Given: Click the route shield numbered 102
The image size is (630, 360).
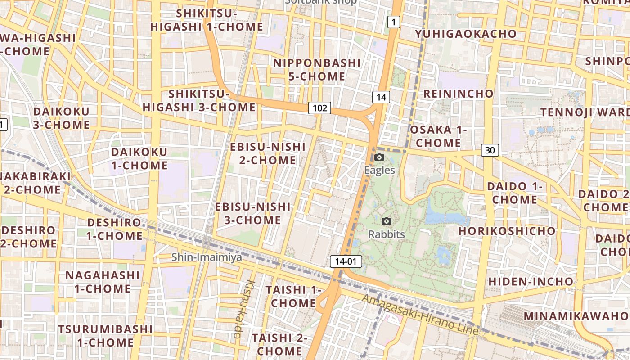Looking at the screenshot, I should pos(319,108).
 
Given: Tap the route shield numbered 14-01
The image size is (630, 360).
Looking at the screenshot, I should pos(346,261).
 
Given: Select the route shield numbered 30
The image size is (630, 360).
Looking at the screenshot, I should pos(490,150).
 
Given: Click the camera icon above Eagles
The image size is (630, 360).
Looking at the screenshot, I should pos(379,157).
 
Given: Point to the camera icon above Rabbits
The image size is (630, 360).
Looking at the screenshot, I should pos(386,221).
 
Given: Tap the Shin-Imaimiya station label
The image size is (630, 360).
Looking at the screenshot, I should pos(207,257).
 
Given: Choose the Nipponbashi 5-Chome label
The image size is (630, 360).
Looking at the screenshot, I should pos(317,70).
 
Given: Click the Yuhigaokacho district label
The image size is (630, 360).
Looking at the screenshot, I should pos(466,34).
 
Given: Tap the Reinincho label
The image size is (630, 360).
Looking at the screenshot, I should pos(458,94).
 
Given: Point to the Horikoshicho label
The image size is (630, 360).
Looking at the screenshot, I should pos(507,231).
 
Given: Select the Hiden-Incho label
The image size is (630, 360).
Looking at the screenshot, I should pos(531,282).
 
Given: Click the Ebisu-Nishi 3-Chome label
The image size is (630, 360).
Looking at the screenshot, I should pos(253,213).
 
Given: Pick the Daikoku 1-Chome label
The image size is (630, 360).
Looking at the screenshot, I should pos(139,158).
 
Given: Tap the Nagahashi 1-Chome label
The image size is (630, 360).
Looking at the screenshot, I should pos(103,282).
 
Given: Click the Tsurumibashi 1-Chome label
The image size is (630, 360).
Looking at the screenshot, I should pos(105,335).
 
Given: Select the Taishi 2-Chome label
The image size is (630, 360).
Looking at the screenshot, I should pos(279,344).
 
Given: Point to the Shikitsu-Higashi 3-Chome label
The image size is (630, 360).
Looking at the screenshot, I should pos(199,101).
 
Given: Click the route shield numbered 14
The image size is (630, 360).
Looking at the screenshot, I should pos(381,97).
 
